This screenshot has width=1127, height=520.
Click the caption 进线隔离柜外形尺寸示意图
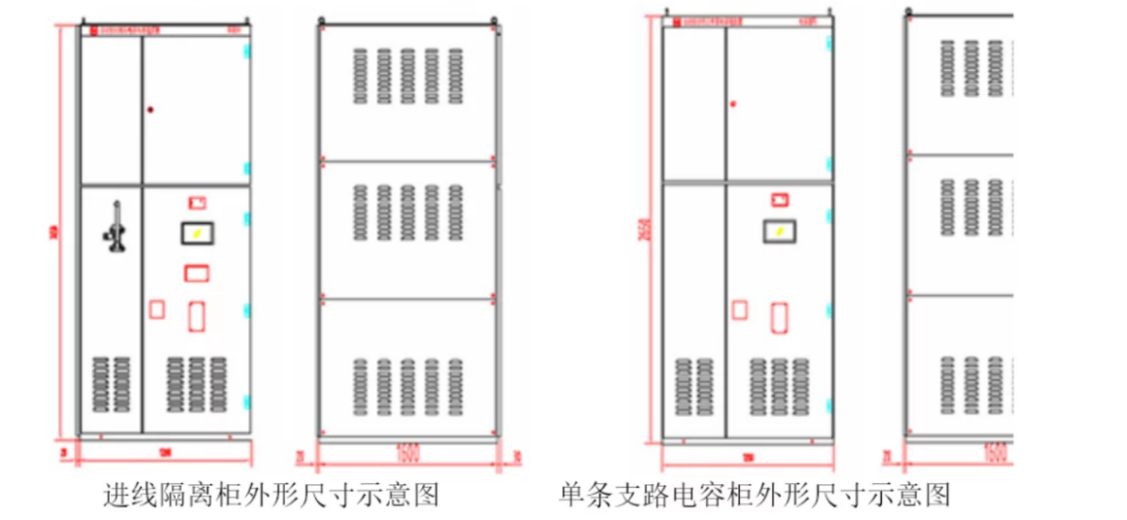(272, 496)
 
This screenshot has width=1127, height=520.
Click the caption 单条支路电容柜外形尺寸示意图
(754, 496)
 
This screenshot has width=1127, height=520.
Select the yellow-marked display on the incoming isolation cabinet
(196, 234)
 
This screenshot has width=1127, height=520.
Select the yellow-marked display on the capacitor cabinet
(778, 231)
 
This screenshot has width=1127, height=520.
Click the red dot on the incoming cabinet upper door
(149, 110)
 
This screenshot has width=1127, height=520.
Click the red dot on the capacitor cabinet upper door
(732, 103)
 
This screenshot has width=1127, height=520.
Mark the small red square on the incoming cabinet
(155, 309)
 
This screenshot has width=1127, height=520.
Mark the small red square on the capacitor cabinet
(739, 309)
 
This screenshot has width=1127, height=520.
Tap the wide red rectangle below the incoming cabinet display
(196, 272)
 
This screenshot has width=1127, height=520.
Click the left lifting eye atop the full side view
(322, 17)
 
